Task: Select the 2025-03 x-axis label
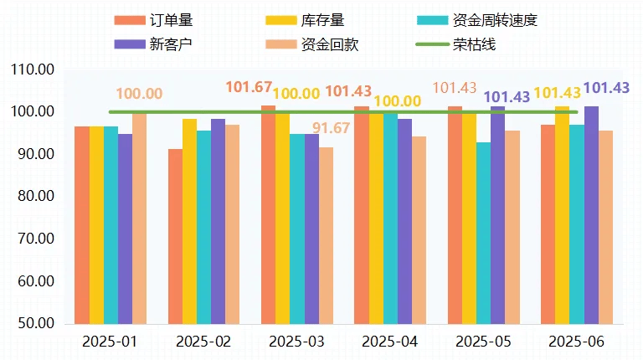coord(297,342)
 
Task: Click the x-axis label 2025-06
coord(575,342)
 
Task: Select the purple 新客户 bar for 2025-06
coord(591,214)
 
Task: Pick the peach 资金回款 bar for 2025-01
coord(139,218)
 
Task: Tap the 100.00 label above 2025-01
coord(139,95)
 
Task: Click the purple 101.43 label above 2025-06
coord(605,88)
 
